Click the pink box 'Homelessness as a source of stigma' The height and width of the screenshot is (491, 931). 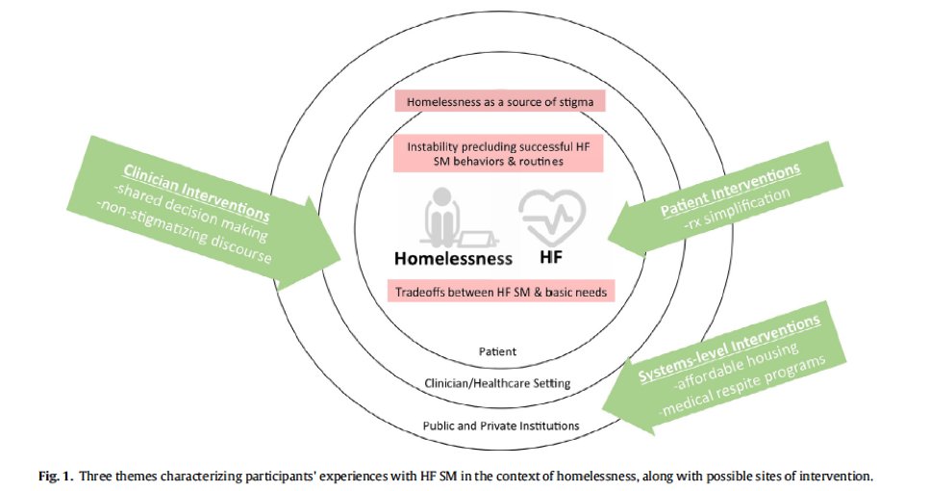pos(499,100)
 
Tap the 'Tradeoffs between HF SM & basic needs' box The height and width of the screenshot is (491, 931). pos(498,290)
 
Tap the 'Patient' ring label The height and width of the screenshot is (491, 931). pos(497,352)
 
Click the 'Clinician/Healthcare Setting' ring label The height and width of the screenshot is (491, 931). pos(497,383)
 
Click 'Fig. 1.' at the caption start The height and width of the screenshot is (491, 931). pos(55,476)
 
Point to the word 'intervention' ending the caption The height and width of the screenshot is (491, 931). pos(841,476)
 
